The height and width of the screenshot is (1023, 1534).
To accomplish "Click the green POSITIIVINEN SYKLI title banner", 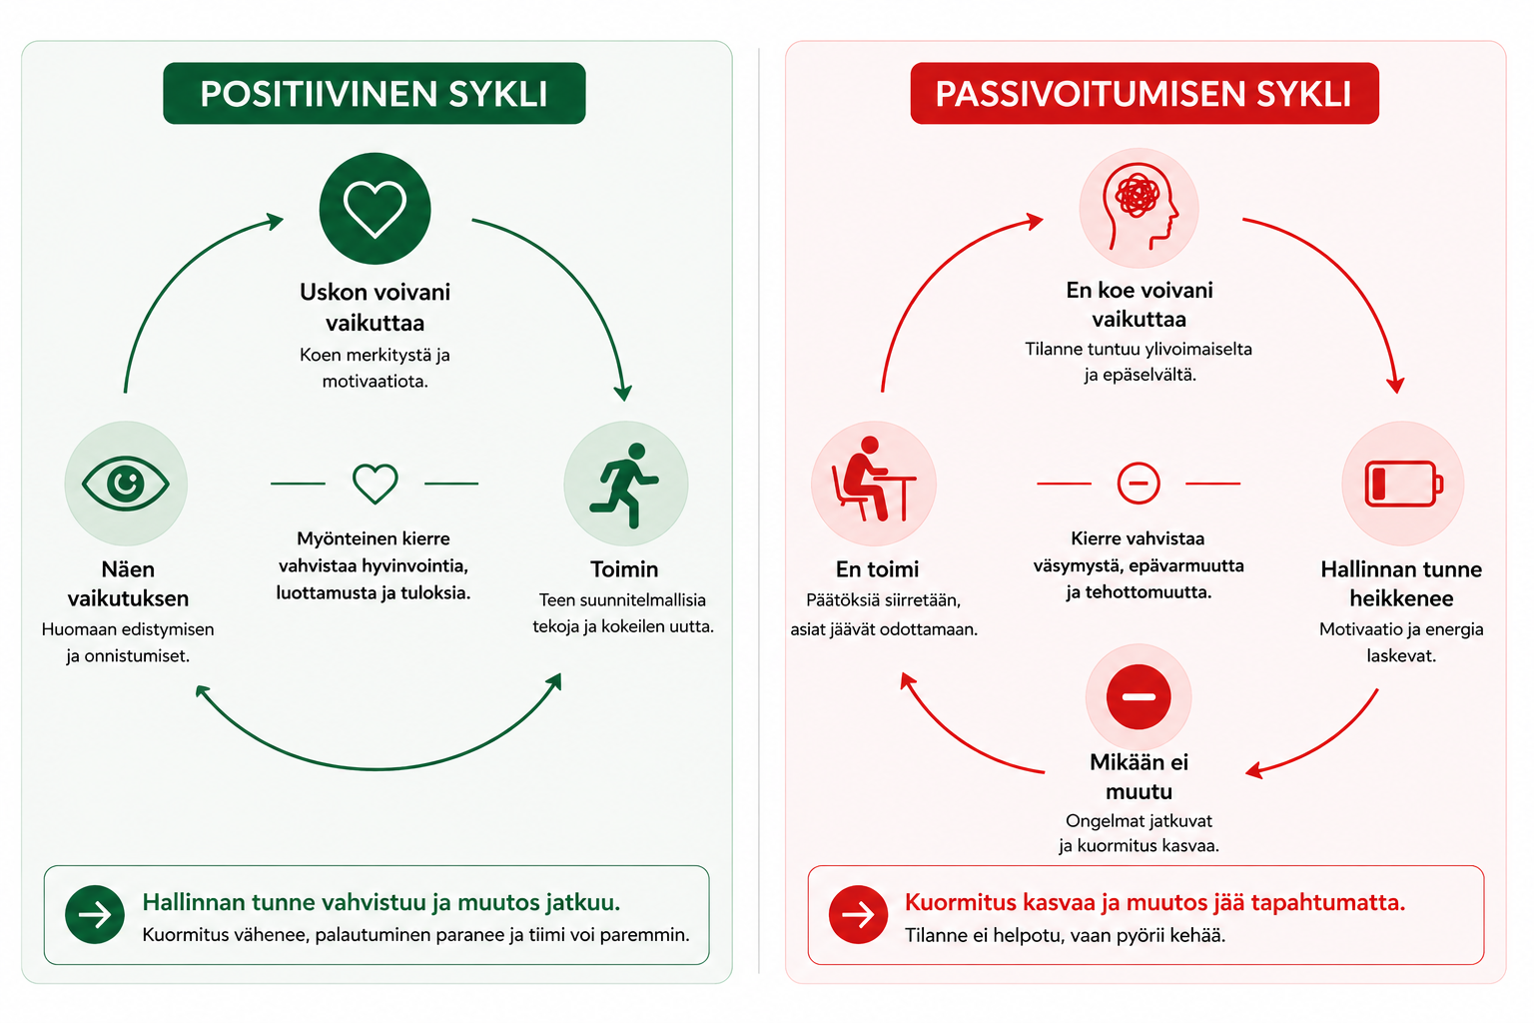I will click(375, 93).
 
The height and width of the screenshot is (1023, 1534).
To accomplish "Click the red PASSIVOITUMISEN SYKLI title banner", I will click(1144, 93).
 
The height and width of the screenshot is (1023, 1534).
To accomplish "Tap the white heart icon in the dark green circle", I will click(375, 209).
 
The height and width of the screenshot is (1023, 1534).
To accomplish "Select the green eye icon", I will click(126, 484).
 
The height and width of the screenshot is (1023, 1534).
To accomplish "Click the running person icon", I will click(625, 484).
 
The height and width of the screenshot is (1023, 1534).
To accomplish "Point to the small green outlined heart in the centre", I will click(376, 484).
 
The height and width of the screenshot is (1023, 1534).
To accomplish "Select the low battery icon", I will click(1403, 484).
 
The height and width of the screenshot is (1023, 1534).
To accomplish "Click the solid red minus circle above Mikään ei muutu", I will click(1139, 696).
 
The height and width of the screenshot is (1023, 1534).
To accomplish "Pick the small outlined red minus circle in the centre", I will click(1139, 484).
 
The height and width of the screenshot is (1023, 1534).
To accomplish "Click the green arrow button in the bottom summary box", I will click(95, 914).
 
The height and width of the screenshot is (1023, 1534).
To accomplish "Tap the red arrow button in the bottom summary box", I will click(858, 914).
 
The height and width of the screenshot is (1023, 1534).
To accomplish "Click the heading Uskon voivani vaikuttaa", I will click(375, 307).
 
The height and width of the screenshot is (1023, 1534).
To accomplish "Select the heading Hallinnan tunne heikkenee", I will click(1401, 583).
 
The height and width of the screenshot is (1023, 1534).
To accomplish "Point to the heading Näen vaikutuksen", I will click(128, 583).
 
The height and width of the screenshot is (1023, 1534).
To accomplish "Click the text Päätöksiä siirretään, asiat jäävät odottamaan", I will click(884, 614).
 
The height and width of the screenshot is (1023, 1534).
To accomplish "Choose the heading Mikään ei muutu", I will click(1139, 776).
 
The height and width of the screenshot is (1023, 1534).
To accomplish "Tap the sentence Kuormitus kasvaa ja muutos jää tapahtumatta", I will click(1154, 902).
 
